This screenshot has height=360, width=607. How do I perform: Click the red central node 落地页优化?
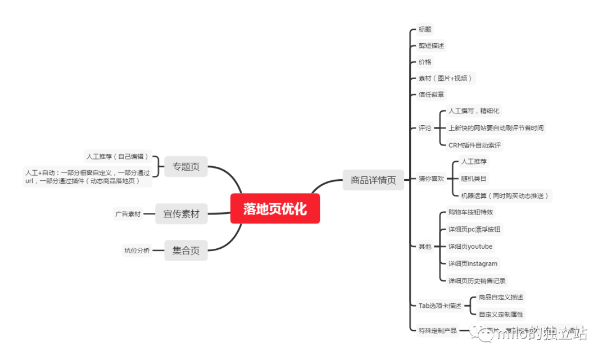275,209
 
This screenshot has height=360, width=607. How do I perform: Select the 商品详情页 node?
373,180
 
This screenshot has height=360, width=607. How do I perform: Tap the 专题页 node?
186,166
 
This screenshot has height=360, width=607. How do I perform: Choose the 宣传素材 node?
181,213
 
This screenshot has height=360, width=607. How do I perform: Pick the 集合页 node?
186,250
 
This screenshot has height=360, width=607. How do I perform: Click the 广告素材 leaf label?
128,213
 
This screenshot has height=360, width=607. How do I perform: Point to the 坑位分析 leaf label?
137,250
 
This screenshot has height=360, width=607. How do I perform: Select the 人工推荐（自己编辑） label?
117,156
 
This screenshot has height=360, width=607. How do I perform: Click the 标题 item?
425,29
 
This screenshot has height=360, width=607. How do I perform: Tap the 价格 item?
425,62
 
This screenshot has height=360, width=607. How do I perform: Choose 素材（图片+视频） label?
445,78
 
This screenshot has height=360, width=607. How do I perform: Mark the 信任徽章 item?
431,94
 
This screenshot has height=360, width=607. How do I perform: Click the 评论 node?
425,128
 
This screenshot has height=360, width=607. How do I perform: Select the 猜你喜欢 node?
431,179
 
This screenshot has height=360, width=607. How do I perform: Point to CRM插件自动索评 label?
474,145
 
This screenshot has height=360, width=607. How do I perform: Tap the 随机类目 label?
474,179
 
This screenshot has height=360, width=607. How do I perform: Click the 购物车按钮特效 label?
471,212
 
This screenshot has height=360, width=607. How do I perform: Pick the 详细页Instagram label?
473,263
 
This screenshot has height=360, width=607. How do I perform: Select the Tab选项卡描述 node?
440,306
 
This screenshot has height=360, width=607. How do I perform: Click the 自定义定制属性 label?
501,314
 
